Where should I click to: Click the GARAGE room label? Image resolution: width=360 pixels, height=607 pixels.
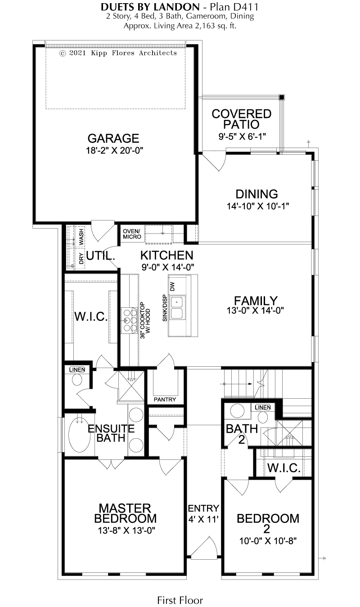pos(113,139)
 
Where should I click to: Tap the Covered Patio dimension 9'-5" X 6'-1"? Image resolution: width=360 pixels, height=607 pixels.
pos(242,136)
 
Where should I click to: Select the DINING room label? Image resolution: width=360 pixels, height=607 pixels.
pos(256,194)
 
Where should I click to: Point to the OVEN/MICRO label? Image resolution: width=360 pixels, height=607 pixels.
pos(132,234)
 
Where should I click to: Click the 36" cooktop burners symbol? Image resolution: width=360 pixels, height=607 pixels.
pos(130,320)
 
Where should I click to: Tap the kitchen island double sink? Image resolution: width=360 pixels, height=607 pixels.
pos(177,308)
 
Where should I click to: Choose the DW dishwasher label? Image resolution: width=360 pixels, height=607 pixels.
pos(173,287)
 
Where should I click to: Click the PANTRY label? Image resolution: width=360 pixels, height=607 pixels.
pos(165,400)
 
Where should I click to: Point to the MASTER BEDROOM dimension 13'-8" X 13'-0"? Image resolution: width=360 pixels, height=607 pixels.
pos(126,530)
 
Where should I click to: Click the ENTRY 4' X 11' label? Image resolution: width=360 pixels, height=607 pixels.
pos(203,513)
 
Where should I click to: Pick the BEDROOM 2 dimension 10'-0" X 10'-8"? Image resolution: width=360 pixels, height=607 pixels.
pos(268,541)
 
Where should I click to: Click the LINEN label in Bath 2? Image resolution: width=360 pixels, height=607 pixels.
pos(263,407)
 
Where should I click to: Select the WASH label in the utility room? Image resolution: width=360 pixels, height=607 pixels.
pos(81,237)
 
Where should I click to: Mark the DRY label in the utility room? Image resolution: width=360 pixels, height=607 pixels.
pos(81,259)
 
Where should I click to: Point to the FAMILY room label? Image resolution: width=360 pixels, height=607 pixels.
pos(256,301)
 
